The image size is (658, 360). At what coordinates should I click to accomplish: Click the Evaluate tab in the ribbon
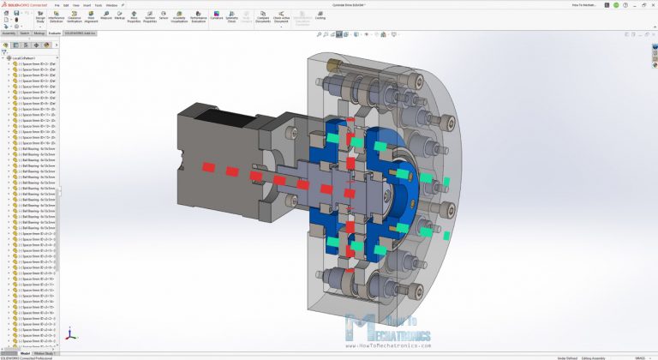(55, 33)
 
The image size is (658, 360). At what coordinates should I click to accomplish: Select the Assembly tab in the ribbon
(9, 33)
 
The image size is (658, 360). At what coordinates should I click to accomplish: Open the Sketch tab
(24, 33)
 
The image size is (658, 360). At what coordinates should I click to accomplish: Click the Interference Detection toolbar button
(79, 16)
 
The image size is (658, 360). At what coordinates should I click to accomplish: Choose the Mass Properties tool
(135, 16)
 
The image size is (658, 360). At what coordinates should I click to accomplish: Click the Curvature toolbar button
(216, 16)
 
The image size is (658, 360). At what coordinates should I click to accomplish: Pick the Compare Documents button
(261, 16)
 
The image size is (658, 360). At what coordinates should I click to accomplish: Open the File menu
(57, 4)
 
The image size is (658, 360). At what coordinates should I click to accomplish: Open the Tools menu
(98, 4)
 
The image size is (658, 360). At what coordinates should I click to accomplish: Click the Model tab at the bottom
(26, 353)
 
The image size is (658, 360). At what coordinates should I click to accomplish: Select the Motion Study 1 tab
(44, 353)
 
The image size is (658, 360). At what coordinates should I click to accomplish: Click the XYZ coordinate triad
(71, 336)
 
